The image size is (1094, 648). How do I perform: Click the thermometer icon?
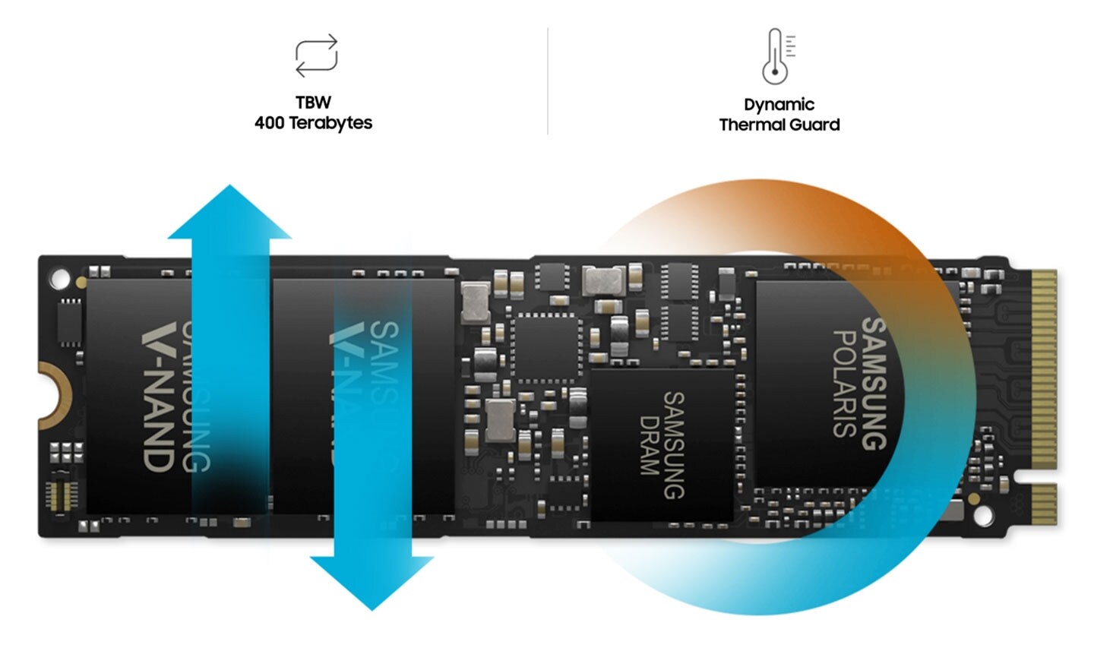click(x=776, y=56)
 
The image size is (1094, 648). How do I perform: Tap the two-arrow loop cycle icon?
click(x=316, y=55)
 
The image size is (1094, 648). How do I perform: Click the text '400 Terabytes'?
click(x=313, y=123)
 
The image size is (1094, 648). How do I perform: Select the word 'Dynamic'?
click(x=779, y=105)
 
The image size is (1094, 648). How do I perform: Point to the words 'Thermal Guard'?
click(x=779, y=125)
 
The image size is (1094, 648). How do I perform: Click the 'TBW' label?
click(x=313, y=103)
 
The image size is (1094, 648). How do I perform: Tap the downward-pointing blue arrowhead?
click(x=372, y=580)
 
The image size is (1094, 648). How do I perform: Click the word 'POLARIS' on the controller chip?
click(x=845, y=383)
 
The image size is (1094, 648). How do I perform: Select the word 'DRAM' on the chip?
click(x=648, y=445)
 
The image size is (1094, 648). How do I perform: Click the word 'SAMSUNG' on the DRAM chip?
click(x=673, y=445)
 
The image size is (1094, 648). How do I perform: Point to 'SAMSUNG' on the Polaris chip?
click(x=874, y=383)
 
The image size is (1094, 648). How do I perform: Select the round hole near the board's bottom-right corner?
click(x=982, y=516)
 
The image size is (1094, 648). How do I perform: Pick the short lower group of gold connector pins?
click(x=1044, y=504)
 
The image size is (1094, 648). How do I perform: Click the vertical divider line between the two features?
click(x=547, y=81)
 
